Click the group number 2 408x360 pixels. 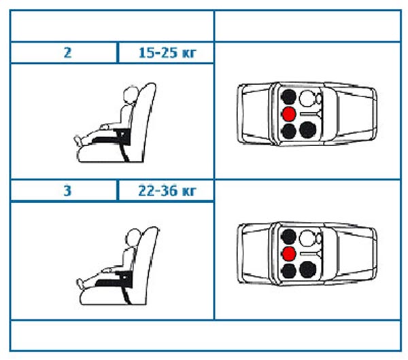pyautogui.click(x=67, y=53)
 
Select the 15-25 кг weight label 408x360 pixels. pyautogui.click(x=167, y=53)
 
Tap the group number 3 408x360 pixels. pyautogui.click(x=67, y=191)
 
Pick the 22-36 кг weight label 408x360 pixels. pyautogui.click(x=167, y=191)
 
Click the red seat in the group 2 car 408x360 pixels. pyautogui.click(x=289, y=114)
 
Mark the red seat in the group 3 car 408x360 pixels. pyautogui.click(x=289, y=253)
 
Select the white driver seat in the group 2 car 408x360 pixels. pyautogui.click(x=307, y=98)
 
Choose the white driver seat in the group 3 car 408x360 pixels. pyautogui.click(x=307, y=238)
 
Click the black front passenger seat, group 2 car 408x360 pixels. pyautogui.click(x=307, y=130)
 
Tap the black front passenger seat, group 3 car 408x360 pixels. pyautogui.click(x=307, y=270)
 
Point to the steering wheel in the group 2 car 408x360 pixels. pyautogui.click(x=319, y=98)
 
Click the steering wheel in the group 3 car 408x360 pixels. pyautogui.click(x=319, y=238)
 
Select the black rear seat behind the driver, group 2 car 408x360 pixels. pyautogui.click(x=289, y=97)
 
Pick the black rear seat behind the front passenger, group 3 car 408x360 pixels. pyautogui.click(x=289, y=271)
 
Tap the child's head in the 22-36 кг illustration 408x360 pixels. pyautogui.click(x=133, y=237)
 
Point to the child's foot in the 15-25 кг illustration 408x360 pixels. pyautogui.click(x=78, y=140)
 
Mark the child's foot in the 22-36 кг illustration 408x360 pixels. pyautogui.click(x=80, y=283)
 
